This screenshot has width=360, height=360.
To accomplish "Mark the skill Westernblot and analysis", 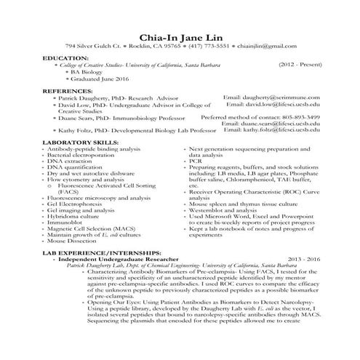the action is tap(221, 210).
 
